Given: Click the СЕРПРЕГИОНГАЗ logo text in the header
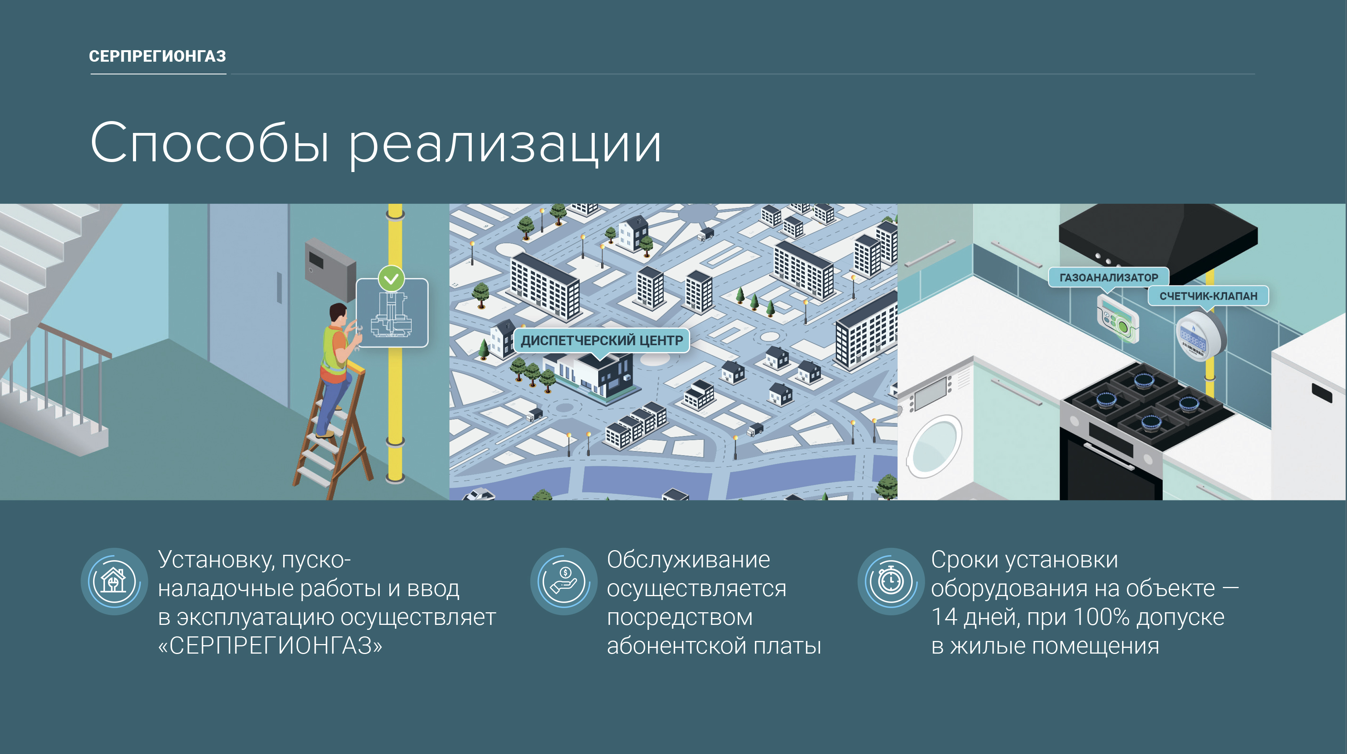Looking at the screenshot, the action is (x=158, y=56).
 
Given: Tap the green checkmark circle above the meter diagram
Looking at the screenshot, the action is (x=391, y=278).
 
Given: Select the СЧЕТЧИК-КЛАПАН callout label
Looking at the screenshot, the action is (x=1208, y=296).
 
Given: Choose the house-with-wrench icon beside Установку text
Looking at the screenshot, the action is (x=114, y=582).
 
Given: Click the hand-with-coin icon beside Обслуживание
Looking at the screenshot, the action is (x=564, y=582).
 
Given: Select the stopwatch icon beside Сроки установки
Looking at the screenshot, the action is (x=891, y=582).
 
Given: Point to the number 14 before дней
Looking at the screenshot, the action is (x=944, y=617).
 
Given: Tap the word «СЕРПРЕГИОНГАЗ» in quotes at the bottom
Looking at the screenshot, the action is (x=270, y=646).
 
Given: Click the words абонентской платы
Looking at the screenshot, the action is (x=714, y=646).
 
